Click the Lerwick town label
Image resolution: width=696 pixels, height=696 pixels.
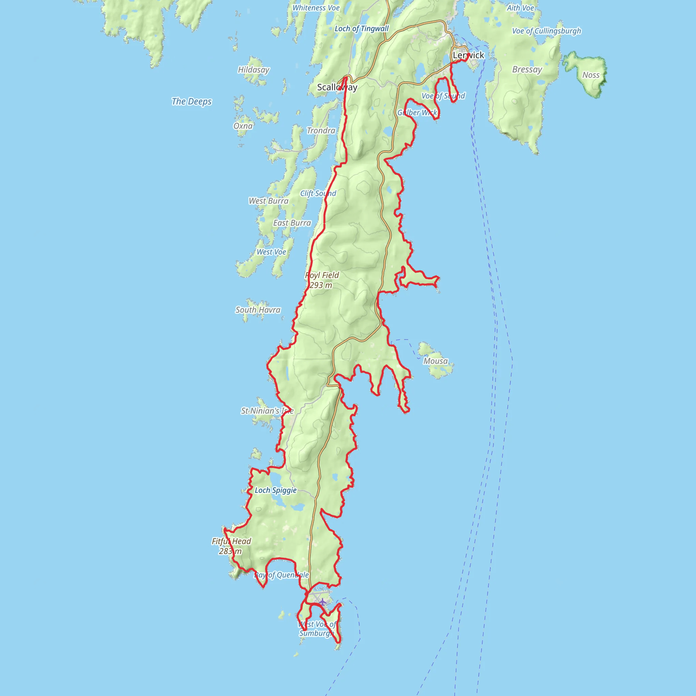click(x=468, y=55)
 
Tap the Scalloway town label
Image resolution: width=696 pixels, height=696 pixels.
click(x=337, y=87)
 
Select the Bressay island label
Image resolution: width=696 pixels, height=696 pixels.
click(x=527, y=70)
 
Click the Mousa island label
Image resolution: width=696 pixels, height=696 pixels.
click(x=435, y=361)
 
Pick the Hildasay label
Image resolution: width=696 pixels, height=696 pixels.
click(x=254, y=70)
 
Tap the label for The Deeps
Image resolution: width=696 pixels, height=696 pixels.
click(x=192, y=102)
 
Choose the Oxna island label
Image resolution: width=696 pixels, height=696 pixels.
click(x=243, y=126)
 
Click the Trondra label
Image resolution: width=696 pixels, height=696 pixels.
click(x=321, y=130)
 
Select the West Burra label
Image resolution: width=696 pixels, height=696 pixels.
click(x=269, y=201)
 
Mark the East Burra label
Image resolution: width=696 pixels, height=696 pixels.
click(x=292, y=223)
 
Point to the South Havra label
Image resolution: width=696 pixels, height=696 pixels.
click(x=258, y=310)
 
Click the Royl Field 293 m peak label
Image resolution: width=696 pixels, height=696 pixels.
click(x=322, y=280)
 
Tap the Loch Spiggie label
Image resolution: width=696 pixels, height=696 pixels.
click(x=276, y=490)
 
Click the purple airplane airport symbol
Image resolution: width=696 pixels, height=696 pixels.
click(x=323, y=602)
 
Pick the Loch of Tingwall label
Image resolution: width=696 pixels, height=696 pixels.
click(x=362, y=29)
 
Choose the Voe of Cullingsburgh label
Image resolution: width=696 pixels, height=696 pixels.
click(x=546, y=31)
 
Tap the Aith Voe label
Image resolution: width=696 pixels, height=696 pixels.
click(x=520, y=8)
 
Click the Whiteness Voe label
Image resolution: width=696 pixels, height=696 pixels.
click(x=316, y=8)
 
